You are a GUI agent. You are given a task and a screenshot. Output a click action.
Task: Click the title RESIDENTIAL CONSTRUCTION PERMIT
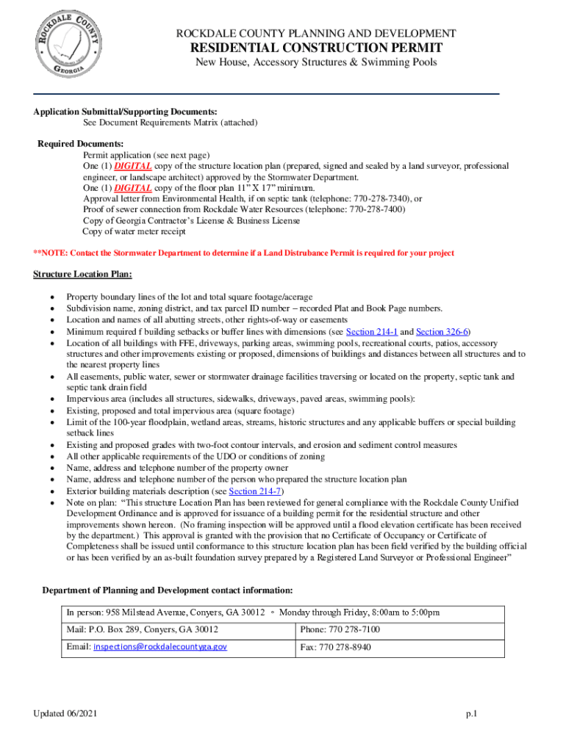316,48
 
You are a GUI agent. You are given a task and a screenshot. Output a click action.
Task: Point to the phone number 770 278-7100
356,629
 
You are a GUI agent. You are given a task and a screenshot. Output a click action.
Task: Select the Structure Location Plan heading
82,274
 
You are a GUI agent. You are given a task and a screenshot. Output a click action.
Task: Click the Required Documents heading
80,143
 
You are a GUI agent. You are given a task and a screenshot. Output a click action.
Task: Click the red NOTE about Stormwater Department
243,253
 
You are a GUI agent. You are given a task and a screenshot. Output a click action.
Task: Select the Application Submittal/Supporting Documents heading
125,111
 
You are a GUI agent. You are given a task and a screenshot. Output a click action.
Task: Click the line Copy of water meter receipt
135,231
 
